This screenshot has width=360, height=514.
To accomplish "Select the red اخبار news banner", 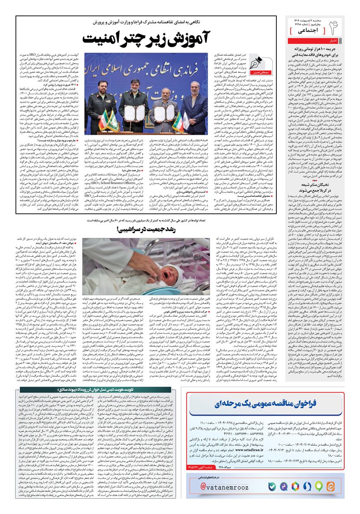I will click(333, 41).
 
